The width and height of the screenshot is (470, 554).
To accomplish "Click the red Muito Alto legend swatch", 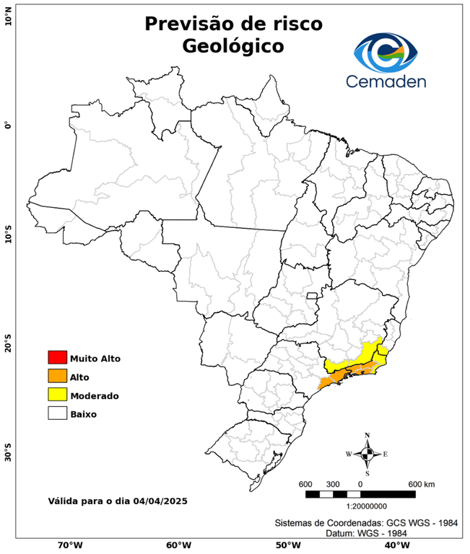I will pyautogui.click(x=57, y=358).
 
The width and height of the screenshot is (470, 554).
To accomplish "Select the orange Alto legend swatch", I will pyautogui.click(x=57, y=377).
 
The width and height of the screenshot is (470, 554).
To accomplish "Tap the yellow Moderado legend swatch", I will pyautogui.click(x=57, y=395).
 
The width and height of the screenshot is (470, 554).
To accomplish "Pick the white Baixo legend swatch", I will pyautogui.click(x=57, y=414).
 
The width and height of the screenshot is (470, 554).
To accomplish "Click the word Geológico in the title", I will pyautogui.click(x=233, y=46).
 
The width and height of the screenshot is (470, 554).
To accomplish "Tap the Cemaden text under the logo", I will pyautogui.click(x=386, y=81).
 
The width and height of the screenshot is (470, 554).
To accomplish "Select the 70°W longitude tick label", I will pyautogui.click(x=69, y=545).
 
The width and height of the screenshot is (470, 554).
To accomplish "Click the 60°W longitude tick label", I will pyautogui.click(x=178, y=545).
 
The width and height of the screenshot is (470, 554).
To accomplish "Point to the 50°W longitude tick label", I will pyautogui.click(x=287, y=545).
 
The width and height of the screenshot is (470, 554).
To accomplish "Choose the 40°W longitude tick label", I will pyautogui.click(x=395, y=545).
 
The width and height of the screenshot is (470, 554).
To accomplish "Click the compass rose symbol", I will pyautogui.click(x=367, y=454).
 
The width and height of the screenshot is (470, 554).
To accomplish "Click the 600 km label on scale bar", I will pyautogui.click(x=422, y=483).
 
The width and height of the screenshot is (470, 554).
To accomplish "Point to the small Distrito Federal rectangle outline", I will pyautogui.click(x=313, y=296).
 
